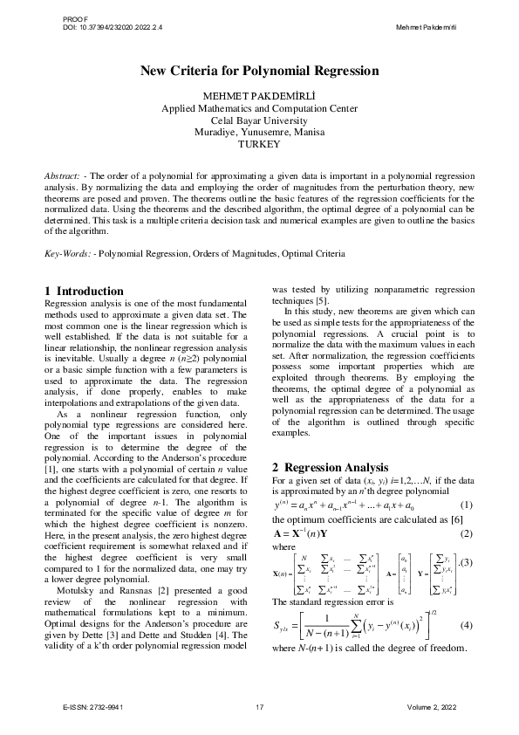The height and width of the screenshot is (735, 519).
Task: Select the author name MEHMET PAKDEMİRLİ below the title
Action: (x=259, y=96)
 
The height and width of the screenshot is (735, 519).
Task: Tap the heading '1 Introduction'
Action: (x=90, y=290)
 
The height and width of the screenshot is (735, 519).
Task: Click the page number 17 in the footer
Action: (x=259, y=705)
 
